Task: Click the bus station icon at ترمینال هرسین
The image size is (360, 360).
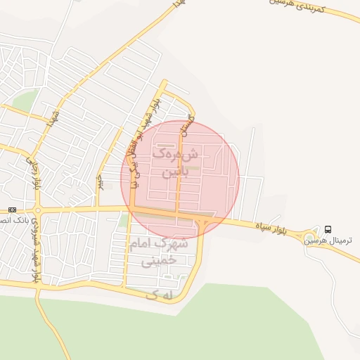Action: [x=328, y=229]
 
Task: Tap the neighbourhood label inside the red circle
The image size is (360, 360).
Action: [x=175, y=162]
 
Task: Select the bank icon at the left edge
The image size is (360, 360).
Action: [x=12, y=210]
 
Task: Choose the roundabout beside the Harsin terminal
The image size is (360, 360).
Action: [x=307, y=236]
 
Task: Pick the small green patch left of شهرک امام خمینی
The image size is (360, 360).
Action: [x=123, y=221]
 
